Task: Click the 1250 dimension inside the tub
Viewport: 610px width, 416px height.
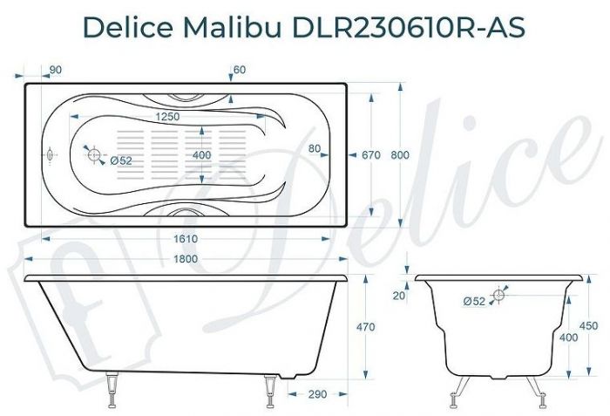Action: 167,117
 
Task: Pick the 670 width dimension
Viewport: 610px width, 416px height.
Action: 371,155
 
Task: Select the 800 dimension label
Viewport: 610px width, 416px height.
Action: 400,155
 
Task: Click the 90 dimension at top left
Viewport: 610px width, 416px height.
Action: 54,70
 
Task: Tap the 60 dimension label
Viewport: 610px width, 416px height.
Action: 240,70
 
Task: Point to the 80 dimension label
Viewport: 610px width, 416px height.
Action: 315,148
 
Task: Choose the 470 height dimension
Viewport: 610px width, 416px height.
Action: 366,327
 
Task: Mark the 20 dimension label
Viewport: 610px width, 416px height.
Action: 398,297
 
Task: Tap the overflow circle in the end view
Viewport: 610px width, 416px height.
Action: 499,296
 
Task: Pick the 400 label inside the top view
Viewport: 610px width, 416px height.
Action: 201,155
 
